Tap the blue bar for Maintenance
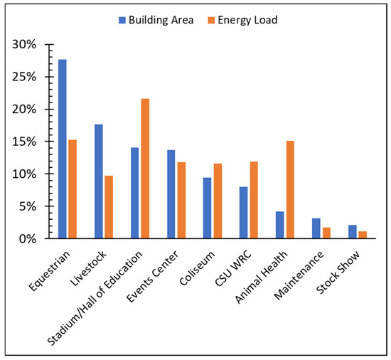[x=316, y=228]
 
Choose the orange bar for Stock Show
[x=363, y=235]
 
